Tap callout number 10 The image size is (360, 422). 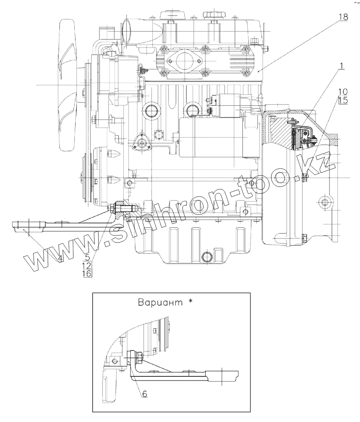click(x=342, y=92)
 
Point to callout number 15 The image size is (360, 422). click(x=342, y=101)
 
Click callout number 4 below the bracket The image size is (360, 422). click(x=60, y=259)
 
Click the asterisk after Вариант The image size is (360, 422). click(x=190, y=302)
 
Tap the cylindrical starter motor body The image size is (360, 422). click(x=210, y=137)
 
